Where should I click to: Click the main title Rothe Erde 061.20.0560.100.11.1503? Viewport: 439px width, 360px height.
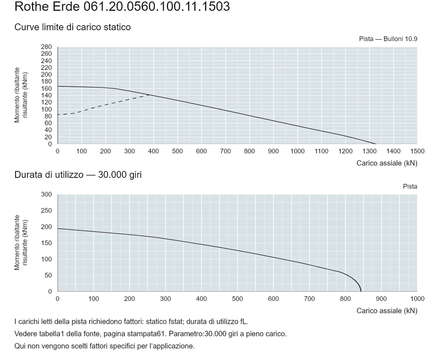click(122, 6)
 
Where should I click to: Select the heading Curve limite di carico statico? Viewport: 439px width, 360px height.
click(73, 27)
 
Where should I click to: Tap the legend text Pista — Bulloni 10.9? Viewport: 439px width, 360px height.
click(388, 39)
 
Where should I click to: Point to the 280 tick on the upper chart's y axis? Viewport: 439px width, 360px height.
click(46, 47)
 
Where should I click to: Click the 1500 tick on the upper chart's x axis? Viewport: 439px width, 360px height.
click(417, 151)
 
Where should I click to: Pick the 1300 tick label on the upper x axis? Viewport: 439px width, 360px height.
click(369, 151)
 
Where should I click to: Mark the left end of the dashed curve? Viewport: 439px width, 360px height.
click(58, 114)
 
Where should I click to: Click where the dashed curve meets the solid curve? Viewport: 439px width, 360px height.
click(150, 95)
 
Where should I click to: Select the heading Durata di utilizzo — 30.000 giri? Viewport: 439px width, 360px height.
click(78, 175)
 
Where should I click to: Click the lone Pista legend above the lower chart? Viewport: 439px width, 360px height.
click(410, 187)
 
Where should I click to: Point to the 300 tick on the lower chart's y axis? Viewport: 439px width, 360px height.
click(46, 194)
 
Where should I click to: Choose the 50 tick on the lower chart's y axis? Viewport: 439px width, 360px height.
click(48, 275)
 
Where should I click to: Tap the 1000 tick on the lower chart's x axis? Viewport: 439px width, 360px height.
click(417, 299)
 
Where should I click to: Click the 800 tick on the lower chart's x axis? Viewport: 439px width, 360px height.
click(345, 299)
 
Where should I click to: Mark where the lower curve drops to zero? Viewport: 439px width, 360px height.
click(361, 291)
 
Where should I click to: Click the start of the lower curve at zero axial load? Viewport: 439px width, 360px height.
click(58, 229)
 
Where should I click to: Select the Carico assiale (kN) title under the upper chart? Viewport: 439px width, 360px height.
click(387, 163)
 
